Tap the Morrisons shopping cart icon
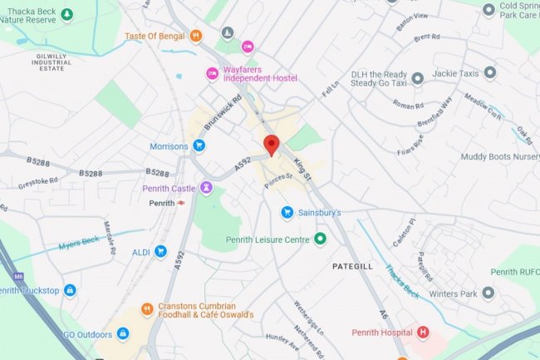pos(199,146)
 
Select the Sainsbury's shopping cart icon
pos(287,213)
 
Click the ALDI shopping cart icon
pos(160,252)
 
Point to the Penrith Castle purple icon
pos(206,189)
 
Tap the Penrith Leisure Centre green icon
pos(320,240)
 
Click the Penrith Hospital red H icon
pos(424,333)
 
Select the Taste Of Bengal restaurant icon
pos(196,36)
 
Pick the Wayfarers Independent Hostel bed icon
pos(212,75)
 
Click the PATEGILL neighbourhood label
pos(355,268)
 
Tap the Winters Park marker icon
pos(488,293)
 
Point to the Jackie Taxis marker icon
pos(490,73)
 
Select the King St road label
pos(302,170)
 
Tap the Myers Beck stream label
pos(79,244)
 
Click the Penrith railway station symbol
pos(181,203)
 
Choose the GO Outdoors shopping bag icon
pos(123,334)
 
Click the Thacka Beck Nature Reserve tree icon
pos(67,14)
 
